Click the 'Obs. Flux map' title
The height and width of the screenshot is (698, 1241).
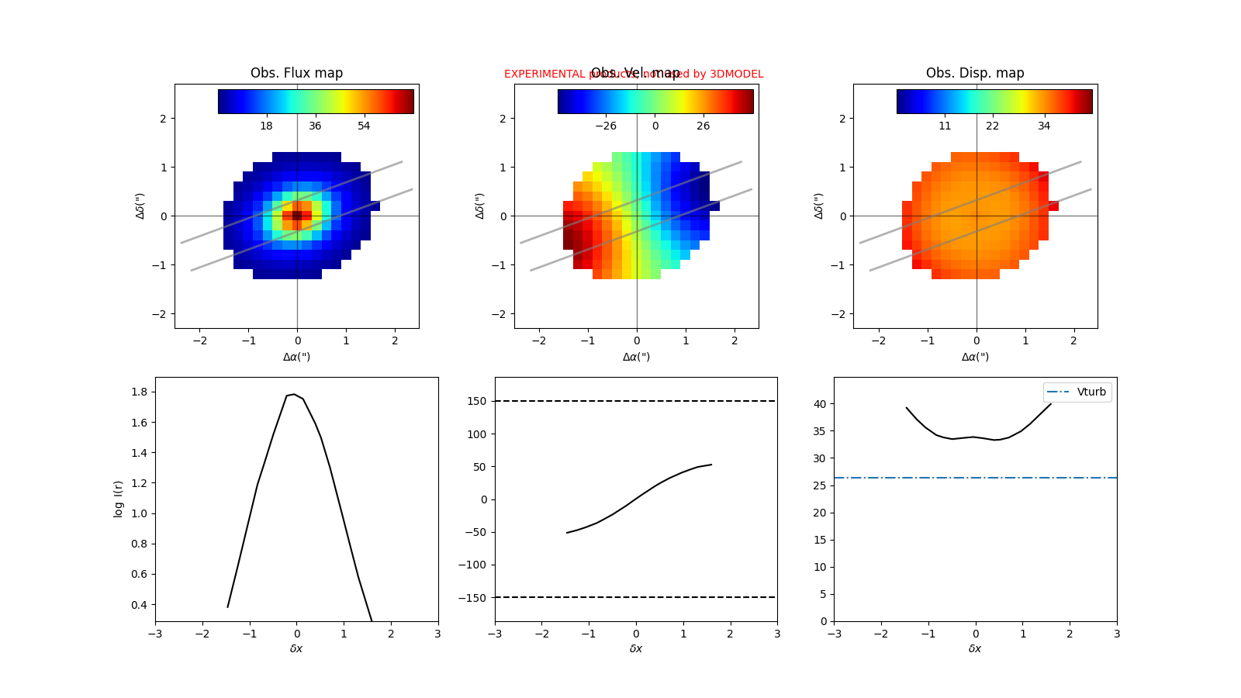pyautogui.click(x=296, y=73)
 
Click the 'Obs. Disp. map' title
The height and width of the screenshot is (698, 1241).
pyautogui.click(x=975, y=73)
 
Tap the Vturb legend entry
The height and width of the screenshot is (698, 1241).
pyautogui.click(x=1091, y=392)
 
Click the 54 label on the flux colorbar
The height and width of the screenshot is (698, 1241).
pyautogui.click(x=364, y=126)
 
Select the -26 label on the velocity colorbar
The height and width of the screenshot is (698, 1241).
pyautogui.click(x=605, y=126)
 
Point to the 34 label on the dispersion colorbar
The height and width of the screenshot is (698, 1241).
pyautogui.click(x=1044, y=126)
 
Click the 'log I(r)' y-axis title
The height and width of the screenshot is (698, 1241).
pyautogui.click(x=119, y=499)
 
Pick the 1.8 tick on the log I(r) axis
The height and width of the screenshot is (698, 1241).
pyautogui.click(x=139, y=392)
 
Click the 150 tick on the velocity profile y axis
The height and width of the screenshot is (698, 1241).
pyautogui.click(x=477, y=401)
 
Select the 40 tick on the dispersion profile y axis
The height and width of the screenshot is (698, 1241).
pyautogui.click(x=819, y=404)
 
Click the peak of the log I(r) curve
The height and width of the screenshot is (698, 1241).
pyautogui.click(x=293, y=394)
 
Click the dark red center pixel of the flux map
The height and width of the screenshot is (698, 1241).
pyautogui.click(x=297, y=216)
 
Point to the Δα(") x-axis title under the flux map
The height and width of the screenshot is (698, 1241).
pyautogui.click(x=296, y=357)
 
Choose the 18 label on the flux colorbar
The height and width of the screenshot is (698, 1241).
pyautogui.click(x=266, y=126)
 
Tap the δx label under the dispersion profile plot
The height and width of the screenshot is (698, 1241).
pyautogui.click(x=975, y=648)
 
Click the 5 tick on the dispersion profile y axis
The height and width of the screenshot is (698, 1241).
pyautogui.click(x=822, y=594)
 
